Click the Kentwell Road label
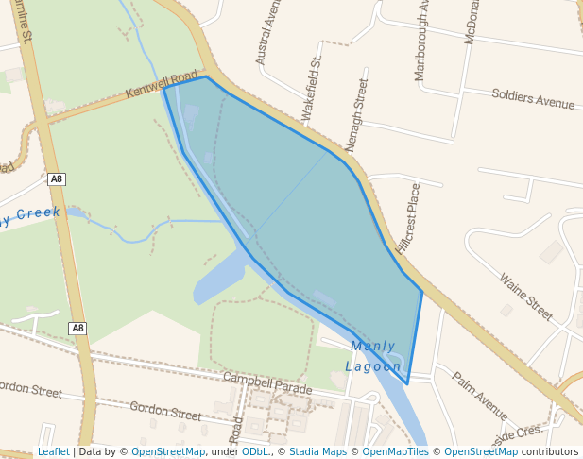162,83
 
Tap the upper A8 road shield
57,178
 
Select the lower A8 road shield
77,329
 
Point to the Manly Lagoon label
373,356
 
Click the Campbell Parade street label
266,383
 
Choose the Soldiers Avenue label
533,97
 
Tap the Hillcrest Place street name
408,218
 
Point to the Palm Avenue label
479,396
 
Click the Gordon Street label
165,411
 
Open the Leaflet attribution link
53,451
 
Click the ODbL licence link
254,451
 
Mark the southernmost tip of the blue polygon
407,384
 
